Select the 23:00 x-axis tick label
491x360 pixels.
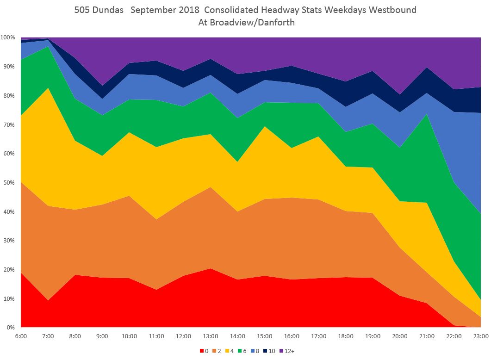(x=481, y=336)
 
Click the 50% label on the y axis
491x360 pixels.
(x=9, y=182)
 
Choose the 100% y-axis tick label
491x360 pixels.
(x=7, y=37)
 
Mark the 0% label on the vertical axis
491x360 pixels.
(x=10, y=328)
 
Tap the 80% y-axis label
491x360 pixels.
(x=9, y=95)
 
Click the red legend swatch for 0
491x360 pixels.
(x=201, y=351)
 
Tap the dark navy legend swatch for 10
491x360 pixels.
(x=264, y=351)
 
